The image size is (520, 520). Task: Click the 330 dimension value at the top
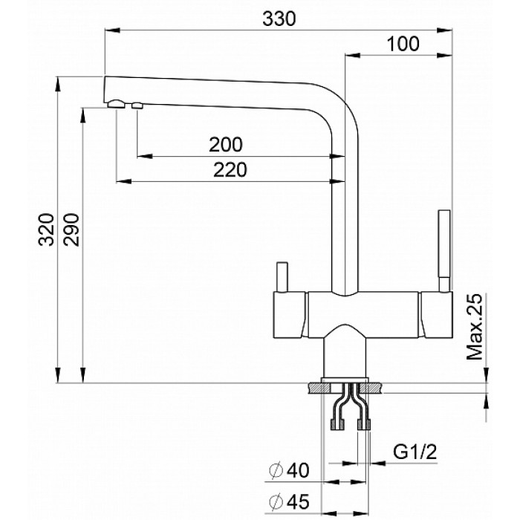click(280, 20)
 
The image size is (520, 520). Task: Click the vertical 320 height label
click(46, 230)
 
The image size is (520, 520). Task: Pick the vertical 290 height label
click(71, 230)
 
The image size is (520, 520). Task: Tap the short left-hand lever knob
click(282, 276)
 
